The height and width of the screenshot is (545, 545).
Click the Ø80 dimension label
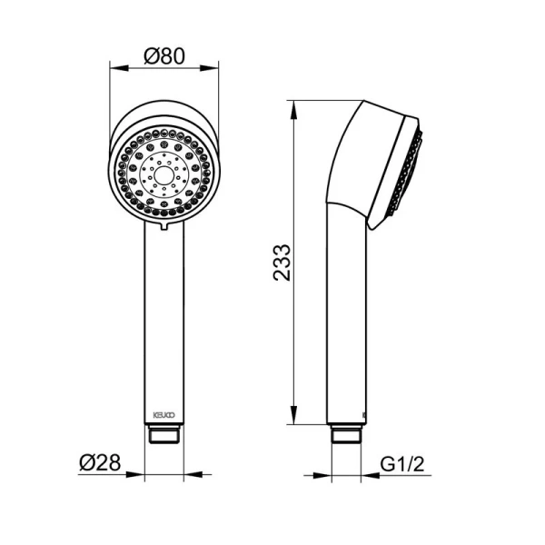click(164, 55)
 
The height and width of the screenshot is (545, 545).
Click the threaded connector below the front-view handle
click(164, 433)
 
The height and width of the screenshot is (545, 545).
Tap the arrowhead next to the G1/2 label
click(366, 474)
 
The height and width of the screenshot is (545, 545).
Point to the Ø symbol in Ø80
click(151, 55)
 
